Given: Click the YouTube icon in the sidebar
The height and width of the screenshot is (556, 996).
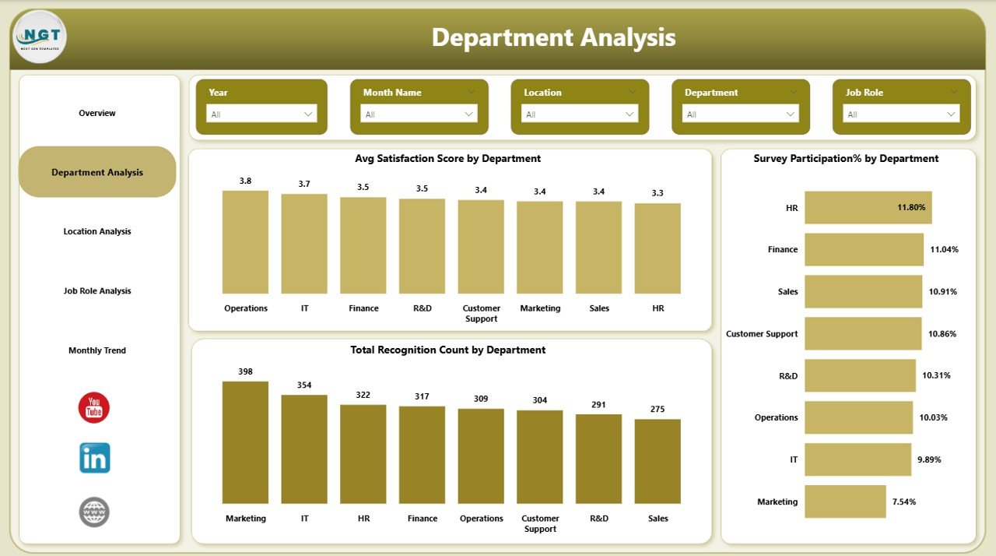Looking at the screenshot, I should click(x=94, y=408).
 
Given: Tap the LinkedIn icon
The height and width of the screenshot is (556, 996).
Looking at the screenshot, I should click(x=94, y=458).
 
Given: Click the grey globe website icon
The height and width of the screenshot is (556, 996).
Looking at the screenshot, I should click(x=94, y=512).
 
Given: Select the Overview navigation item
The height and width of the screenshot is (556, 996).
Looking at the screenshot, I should click(x=97, y=114).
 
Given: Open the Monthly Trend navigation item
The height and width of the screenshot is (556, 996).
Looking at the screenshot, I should click(x=97, y=350).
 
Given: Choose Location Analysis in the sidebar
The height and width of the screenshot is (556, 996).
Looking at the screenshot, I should click(x=97, y=231).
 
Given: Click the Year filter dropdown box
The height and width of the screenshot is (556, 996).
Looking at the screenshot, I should click(x=261, y=114).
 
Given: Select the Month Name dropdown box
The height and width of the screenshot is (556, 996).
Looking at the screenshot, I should click(x=419, y=114).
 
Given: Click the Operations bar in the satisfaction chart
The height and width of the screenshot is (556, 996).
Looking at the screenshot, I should click(x=245, y=241).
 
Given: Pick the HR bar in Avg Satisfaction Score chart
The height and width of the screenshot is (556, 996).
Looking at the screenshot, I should click(x=658, y=248).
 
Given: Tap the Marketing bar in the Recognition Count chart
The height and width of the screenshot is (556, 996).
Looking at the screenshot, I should click(x=245, y=442).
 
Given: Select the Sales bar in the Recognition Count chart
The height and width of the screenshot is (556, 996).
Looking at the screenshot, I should click(x=658, y=461).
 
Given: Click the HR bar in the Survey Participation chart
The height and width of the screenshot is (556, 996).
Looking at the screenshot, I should click(x=868, y=208).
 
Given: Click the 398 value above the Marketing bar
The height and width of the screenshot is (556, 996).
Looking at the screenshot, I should click(x=245, y=371).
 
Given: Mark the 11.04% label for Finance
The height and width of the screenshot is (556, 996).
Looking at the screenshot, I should click(x=944, y=250).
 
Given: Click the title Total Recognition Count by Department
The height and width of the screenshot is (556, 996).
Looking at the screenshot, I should click(x=448, y=350).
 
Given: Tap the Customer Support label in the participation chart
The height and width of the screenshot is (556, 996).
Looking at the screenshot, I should click(x=762, y=334).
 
